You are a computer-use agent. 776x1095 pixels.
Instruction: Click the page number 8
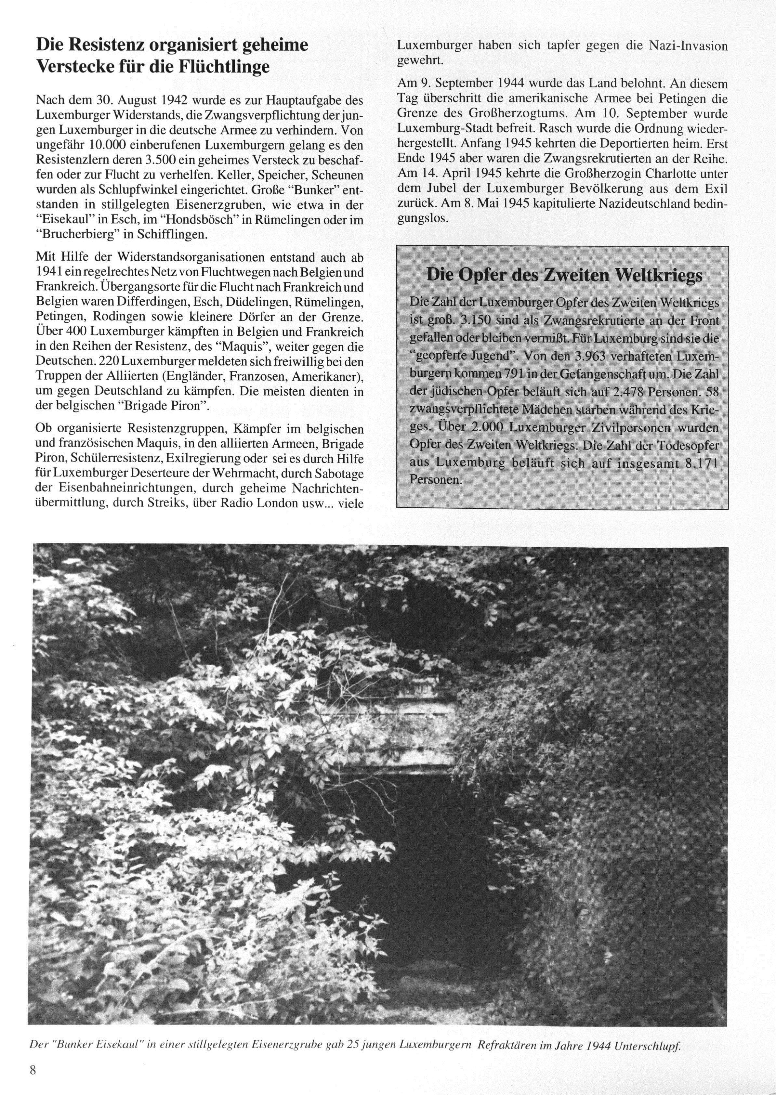point(33,1069)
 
